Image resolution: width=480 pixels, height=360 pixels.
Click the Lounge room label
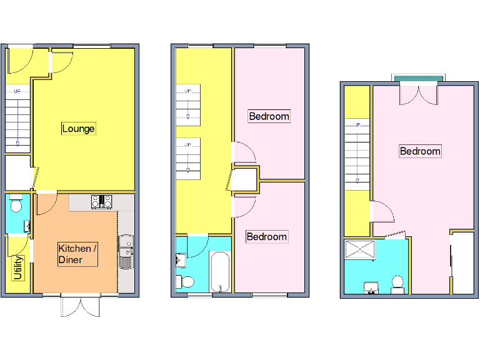[78, 129]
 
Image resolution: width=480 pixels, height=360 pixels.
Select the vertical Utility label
[18, 268]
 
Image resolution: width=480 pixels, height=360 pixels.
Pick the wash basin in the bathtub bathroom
[181, 259]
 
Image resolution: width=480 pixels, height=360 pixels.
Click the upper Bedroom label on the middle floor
[269, 116]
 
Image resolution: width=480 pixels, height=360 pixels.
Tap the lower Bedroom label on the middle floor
[266, 236]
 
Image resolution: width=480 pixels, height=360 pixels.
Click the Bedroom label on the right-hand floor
[420, 151]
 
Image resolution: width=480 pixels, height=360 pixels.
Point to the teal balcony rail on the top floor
[419, 77]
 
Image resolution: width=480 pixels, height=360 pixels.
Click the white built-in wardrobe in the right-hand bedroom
[462, 262]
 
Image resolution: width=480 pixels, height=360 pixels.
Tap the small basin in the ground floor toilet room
[27, 226]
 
